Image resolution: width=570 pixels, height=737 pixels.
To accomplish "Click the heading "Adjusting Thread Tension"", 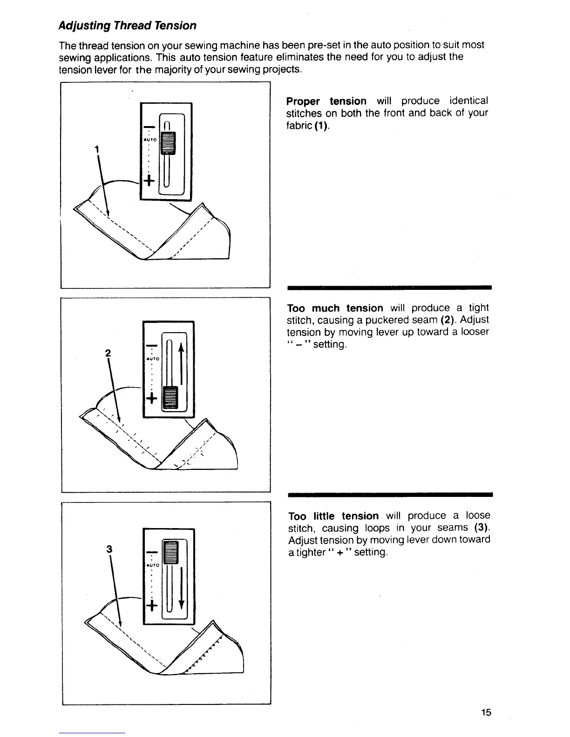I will pos(127,25).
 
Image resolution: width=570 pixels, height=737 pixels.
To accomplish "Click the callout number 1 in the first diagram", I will pos(96,149).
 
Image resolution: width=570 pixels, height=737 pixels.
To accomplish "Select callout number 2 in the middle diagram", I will pos(108,353).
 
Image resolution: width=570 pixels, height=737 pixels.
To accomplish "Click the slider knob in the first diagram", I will pos(166,142).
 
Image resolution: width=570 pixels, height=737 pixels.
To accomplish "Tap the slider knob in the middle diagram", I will pos(170,396).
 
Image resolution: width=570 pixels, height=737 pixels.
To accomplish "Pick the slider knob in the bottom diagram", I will pos(170,552).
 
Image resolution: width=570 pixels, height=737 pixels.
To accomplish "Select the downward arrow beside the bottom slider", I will pos(181,591).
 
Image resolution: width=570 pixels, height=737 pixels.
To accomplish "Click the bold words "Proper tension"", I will pos(326,101).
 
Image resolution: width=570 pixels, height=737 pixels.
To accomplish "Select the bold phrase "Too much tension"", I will pos(335,308).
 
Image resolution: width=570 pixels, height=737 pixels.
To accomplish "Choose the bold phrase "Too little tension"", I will pos(333,516).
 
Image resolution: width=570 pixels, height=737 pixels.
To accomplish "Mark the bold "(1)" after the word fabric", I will pos(321,126).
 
